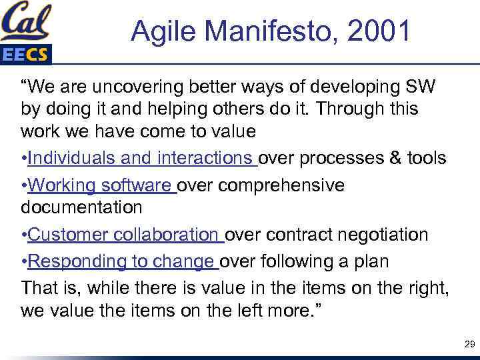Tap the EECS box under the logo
tap(25, 55)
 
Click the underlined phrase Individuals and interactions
tap(142, 157)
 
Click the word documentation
tap(81, 207)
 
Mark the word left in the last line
tap(235, 311)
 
